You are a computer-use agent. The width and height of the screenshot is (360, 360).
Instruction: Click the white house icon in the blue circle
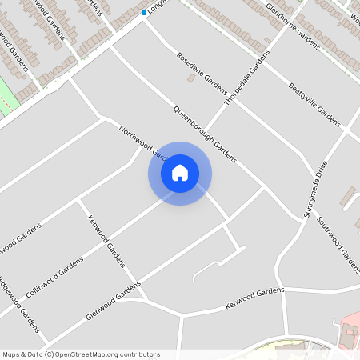[180, 173]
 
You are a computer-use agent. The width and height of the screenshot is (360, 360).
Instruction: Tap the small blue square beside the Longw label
[144, 13]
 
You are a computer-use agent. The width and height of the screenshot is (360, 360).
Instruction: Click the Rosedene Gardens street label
[202, 73]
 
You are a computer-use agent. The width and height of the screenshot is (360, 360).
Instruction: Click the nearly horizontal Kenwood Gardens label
[254, 299]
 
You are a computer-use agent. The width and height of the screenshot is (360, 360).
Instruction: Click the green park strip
[6, 98]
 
